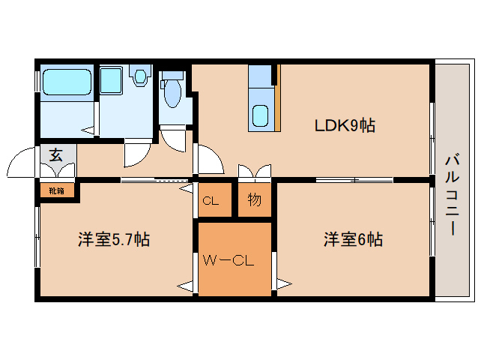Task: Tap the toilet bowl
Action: (x=172, y=94)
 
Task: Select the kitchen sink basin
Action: (x=260, y=116)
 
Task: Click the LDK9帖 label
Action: (x=344, y=125)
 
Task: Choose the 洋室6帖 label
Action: (x=353, y=240)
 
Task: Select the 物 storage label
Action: (x=255, y=200)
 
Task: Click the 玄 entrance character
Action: (x=56, y=156)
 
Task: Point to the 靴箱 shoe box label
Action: (x=57, y=190)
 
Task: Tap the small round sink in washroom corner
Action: (x=139, y=75)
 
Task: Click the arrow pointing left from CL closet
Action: (x=185, y=193)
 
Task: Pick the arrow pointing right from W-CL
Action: (x=284, y=283)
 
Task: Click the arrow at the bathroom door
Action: (x=90, y=130)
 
